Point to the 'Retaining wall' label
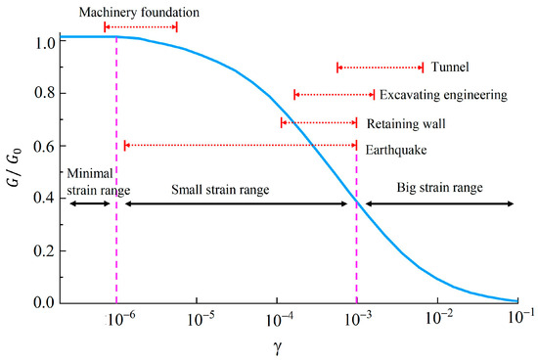405,124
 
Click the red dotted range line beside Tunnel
381,67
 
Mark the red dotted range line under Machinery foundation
141,27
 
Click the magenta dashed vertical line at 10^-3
357,245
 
